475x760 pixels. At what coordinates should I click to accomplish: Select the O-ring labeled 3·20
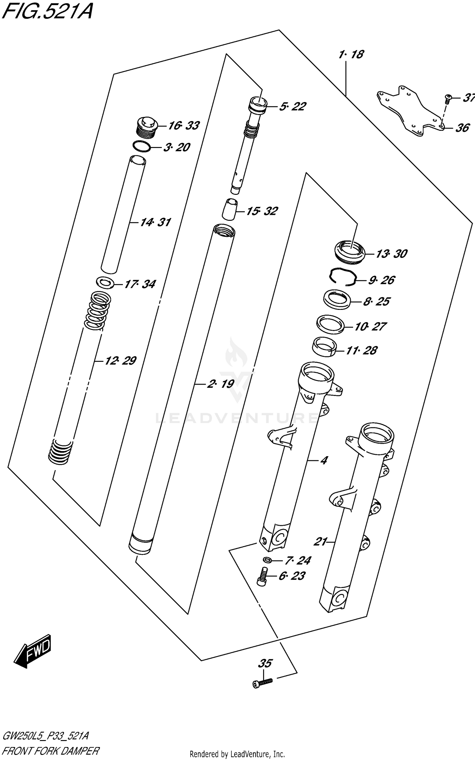[142, 147]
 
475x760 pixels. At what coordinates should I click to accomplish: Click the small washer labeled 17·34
[105, 283]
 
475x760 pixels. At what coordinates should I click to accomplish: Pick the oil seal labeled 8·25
[337, 299]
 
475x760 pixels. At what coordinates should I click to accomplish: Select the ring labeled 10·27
[330, 324]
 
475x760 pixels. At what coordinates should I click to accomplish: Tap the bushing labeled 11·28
[324, 347]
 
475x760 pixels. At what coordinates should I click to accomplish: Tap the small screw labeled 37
[448, 99]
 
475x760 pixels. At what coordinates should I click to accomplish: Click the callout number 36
[462, 128]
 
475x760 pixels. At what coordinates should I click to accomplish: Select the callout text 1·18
[351, 54]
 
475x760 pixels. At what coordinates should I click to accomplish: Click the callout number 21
[320, 542]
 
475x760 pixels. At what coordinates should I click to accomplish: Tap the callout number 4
[323, 460]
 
